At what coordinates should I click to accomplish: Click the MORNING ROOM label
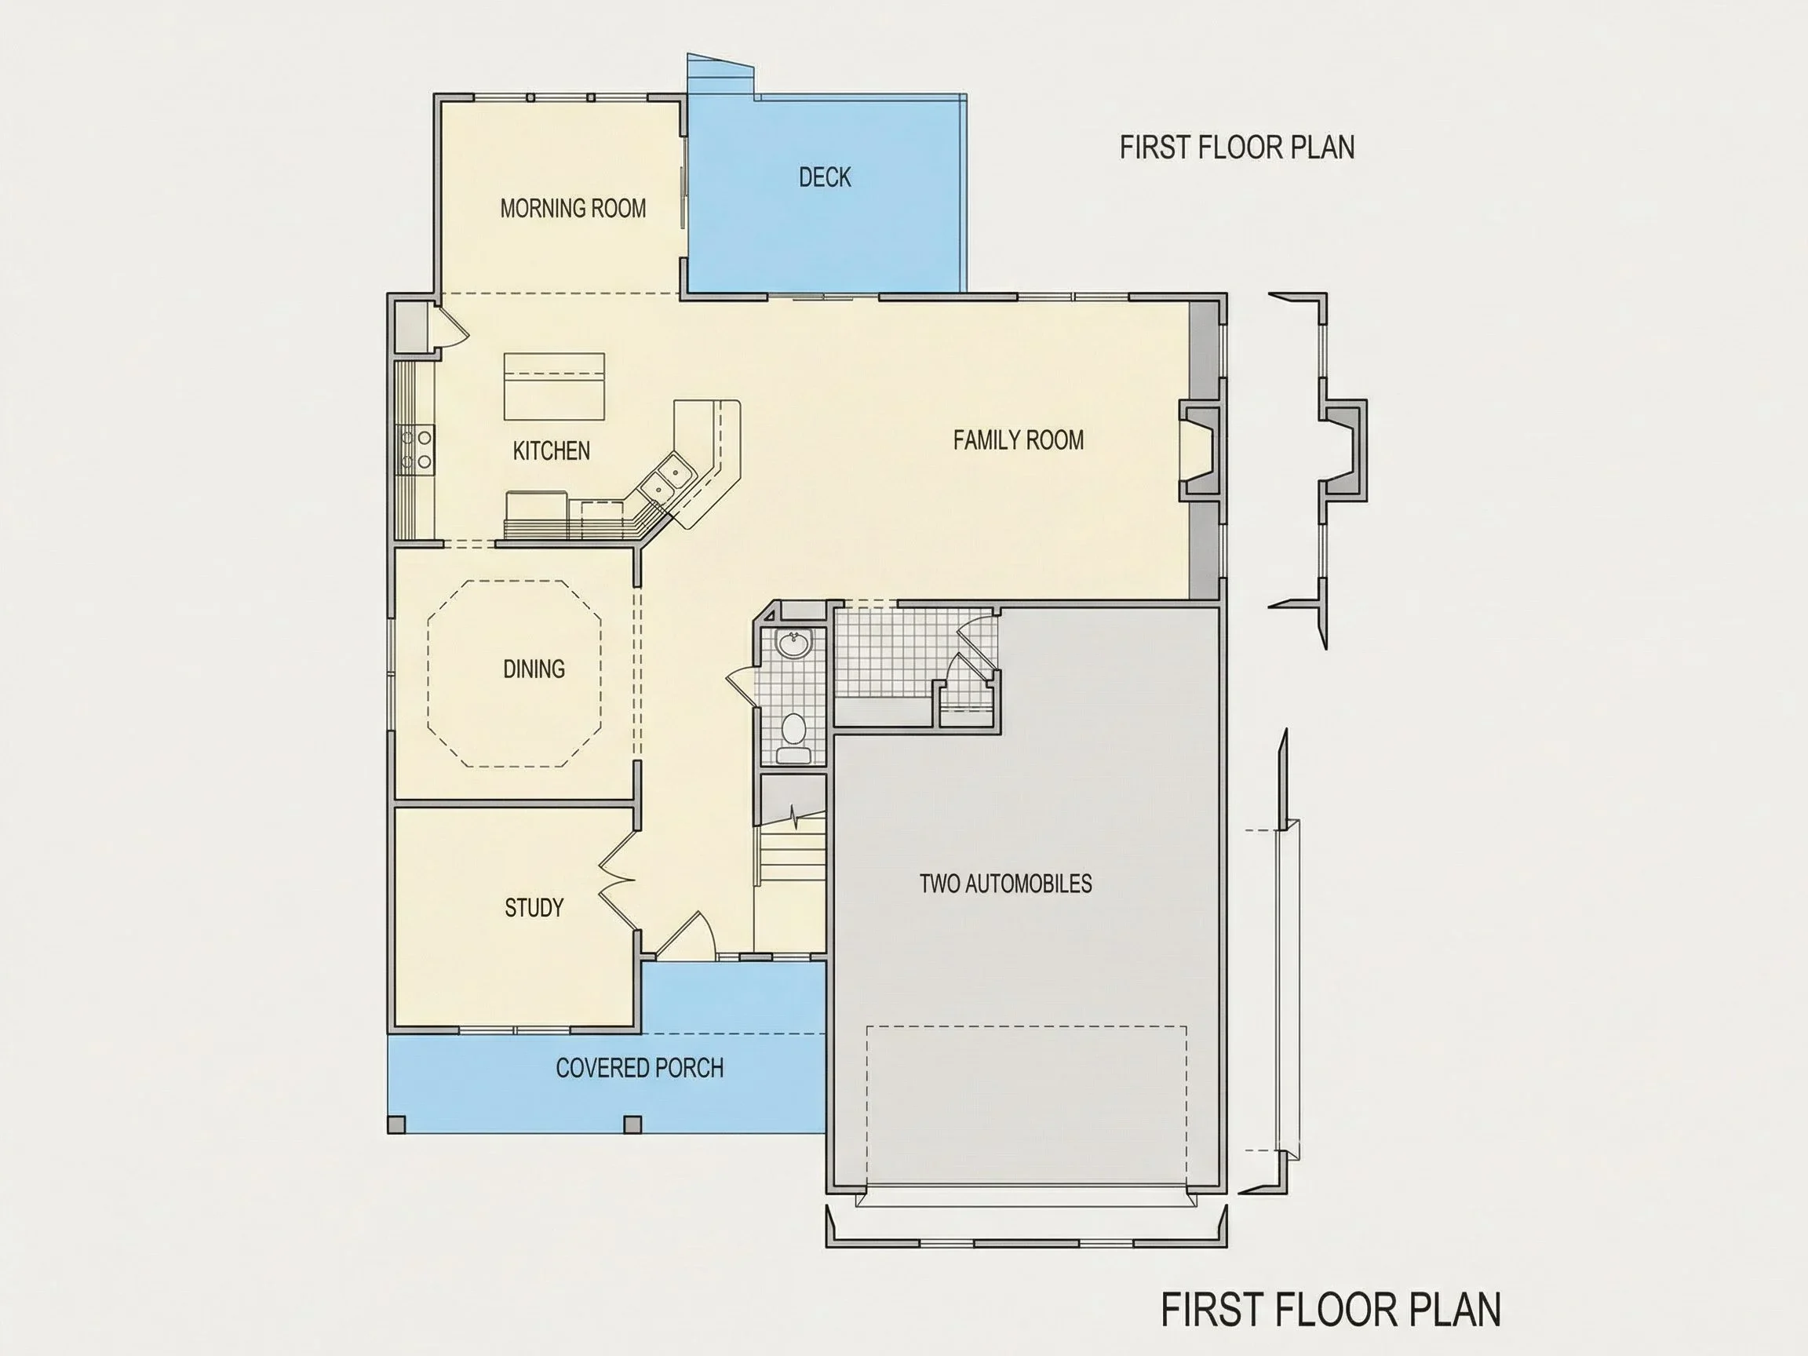tap(573, 209)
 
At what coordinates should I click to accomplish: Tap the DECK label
tap(825, 177)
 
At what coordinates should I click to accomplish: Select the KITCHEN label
tap(551, 450)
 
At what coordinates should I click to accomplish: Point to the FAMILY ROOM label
tap(1019, 440)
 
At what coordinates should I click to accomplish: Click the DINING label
tap(534, 669)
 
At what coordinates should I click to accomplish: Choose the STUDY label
tap(534, 907)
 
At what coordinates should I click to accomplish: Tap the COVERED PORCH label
tap(640, 1067)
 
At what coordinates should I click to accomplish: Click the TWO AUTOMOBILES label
tap(1005, 884)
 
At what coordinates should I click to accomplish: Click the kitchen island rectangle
tap(554, 387)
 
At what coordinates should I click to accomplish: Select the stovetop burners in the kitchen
tap(415, 450)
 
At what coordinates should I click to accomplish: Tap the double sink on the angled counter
tap(666, 479)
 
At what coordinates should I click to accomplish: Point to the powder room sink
tap(793, 645)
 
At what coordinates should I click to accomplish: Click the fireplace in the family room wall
tap(1199, 450)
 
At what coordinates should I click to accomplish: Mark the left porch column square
tap(396, 1125)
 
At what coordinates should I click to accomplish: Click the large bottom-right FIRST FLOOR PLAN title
tap(1332, 1310)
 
